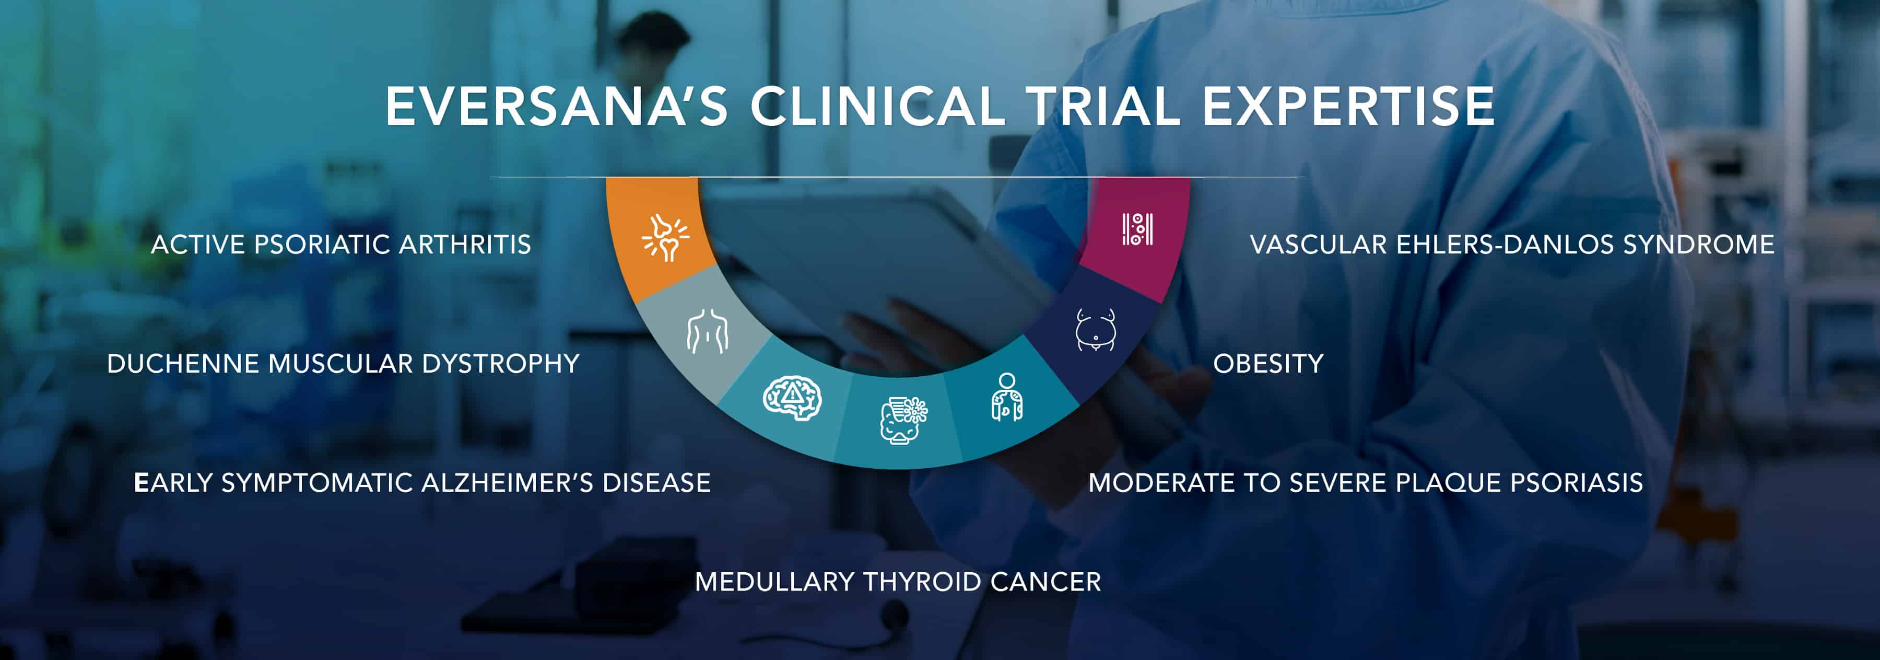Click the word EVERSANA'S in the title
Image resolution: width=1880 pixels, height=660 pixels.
coord(557,107)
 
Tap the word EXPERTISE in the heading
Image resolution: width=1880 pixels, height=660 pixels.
coord(1348,107)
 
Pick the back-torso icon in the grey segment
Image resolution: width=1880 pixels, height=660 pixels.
coord(707,332)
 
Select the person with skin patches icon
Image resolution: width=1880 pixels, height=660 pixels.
coord(1007,397)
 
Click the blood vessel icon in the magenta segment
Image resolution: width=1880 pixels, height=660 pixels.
coord(1137,229)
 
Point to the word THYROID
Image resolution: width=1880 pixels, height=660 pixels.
coord(922,582)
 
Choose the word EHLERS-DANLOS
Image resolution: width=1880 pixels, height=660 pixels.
coord(1505,245)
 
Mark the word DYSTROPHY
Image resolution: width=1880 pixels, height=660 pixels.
coord(501,364)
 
